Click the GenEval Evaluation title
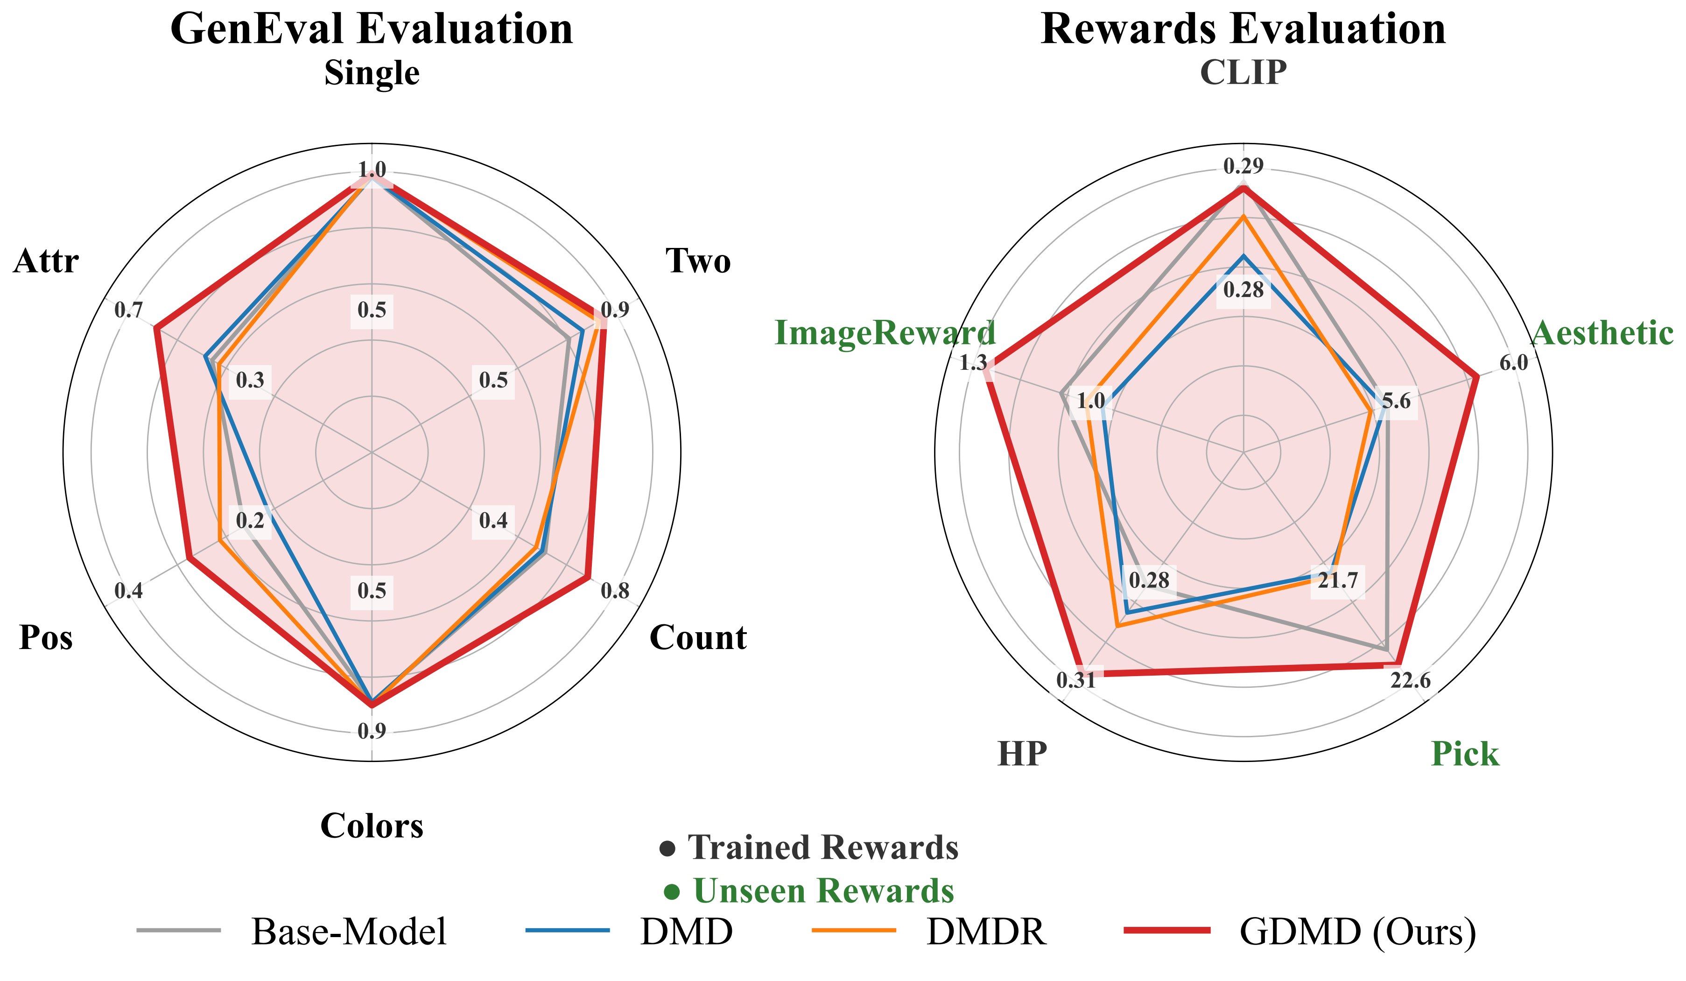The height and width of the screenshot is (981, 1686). click(372, 29)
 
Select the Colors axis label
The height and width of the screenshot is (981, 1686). click(372, 826)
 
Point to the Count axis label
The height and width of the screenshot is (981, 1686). click(698, 638)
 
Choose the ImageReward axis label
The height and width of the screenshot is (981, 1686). click(885, 332)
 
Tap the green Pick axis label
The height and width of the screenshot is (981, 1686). click(1465, 754)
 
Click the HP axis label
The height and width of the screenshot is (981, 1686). click(1022, 754)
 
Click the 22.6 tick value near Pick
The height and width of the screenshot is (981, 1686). click(1410, 681)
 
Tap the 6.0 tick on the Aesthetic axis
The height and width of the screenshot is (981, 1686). click(1513, 363)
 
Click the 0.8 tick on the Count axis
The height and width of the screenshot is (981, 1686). click(615, 591)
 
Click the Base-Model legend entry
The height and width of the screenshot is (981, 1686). click(292, 931)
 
